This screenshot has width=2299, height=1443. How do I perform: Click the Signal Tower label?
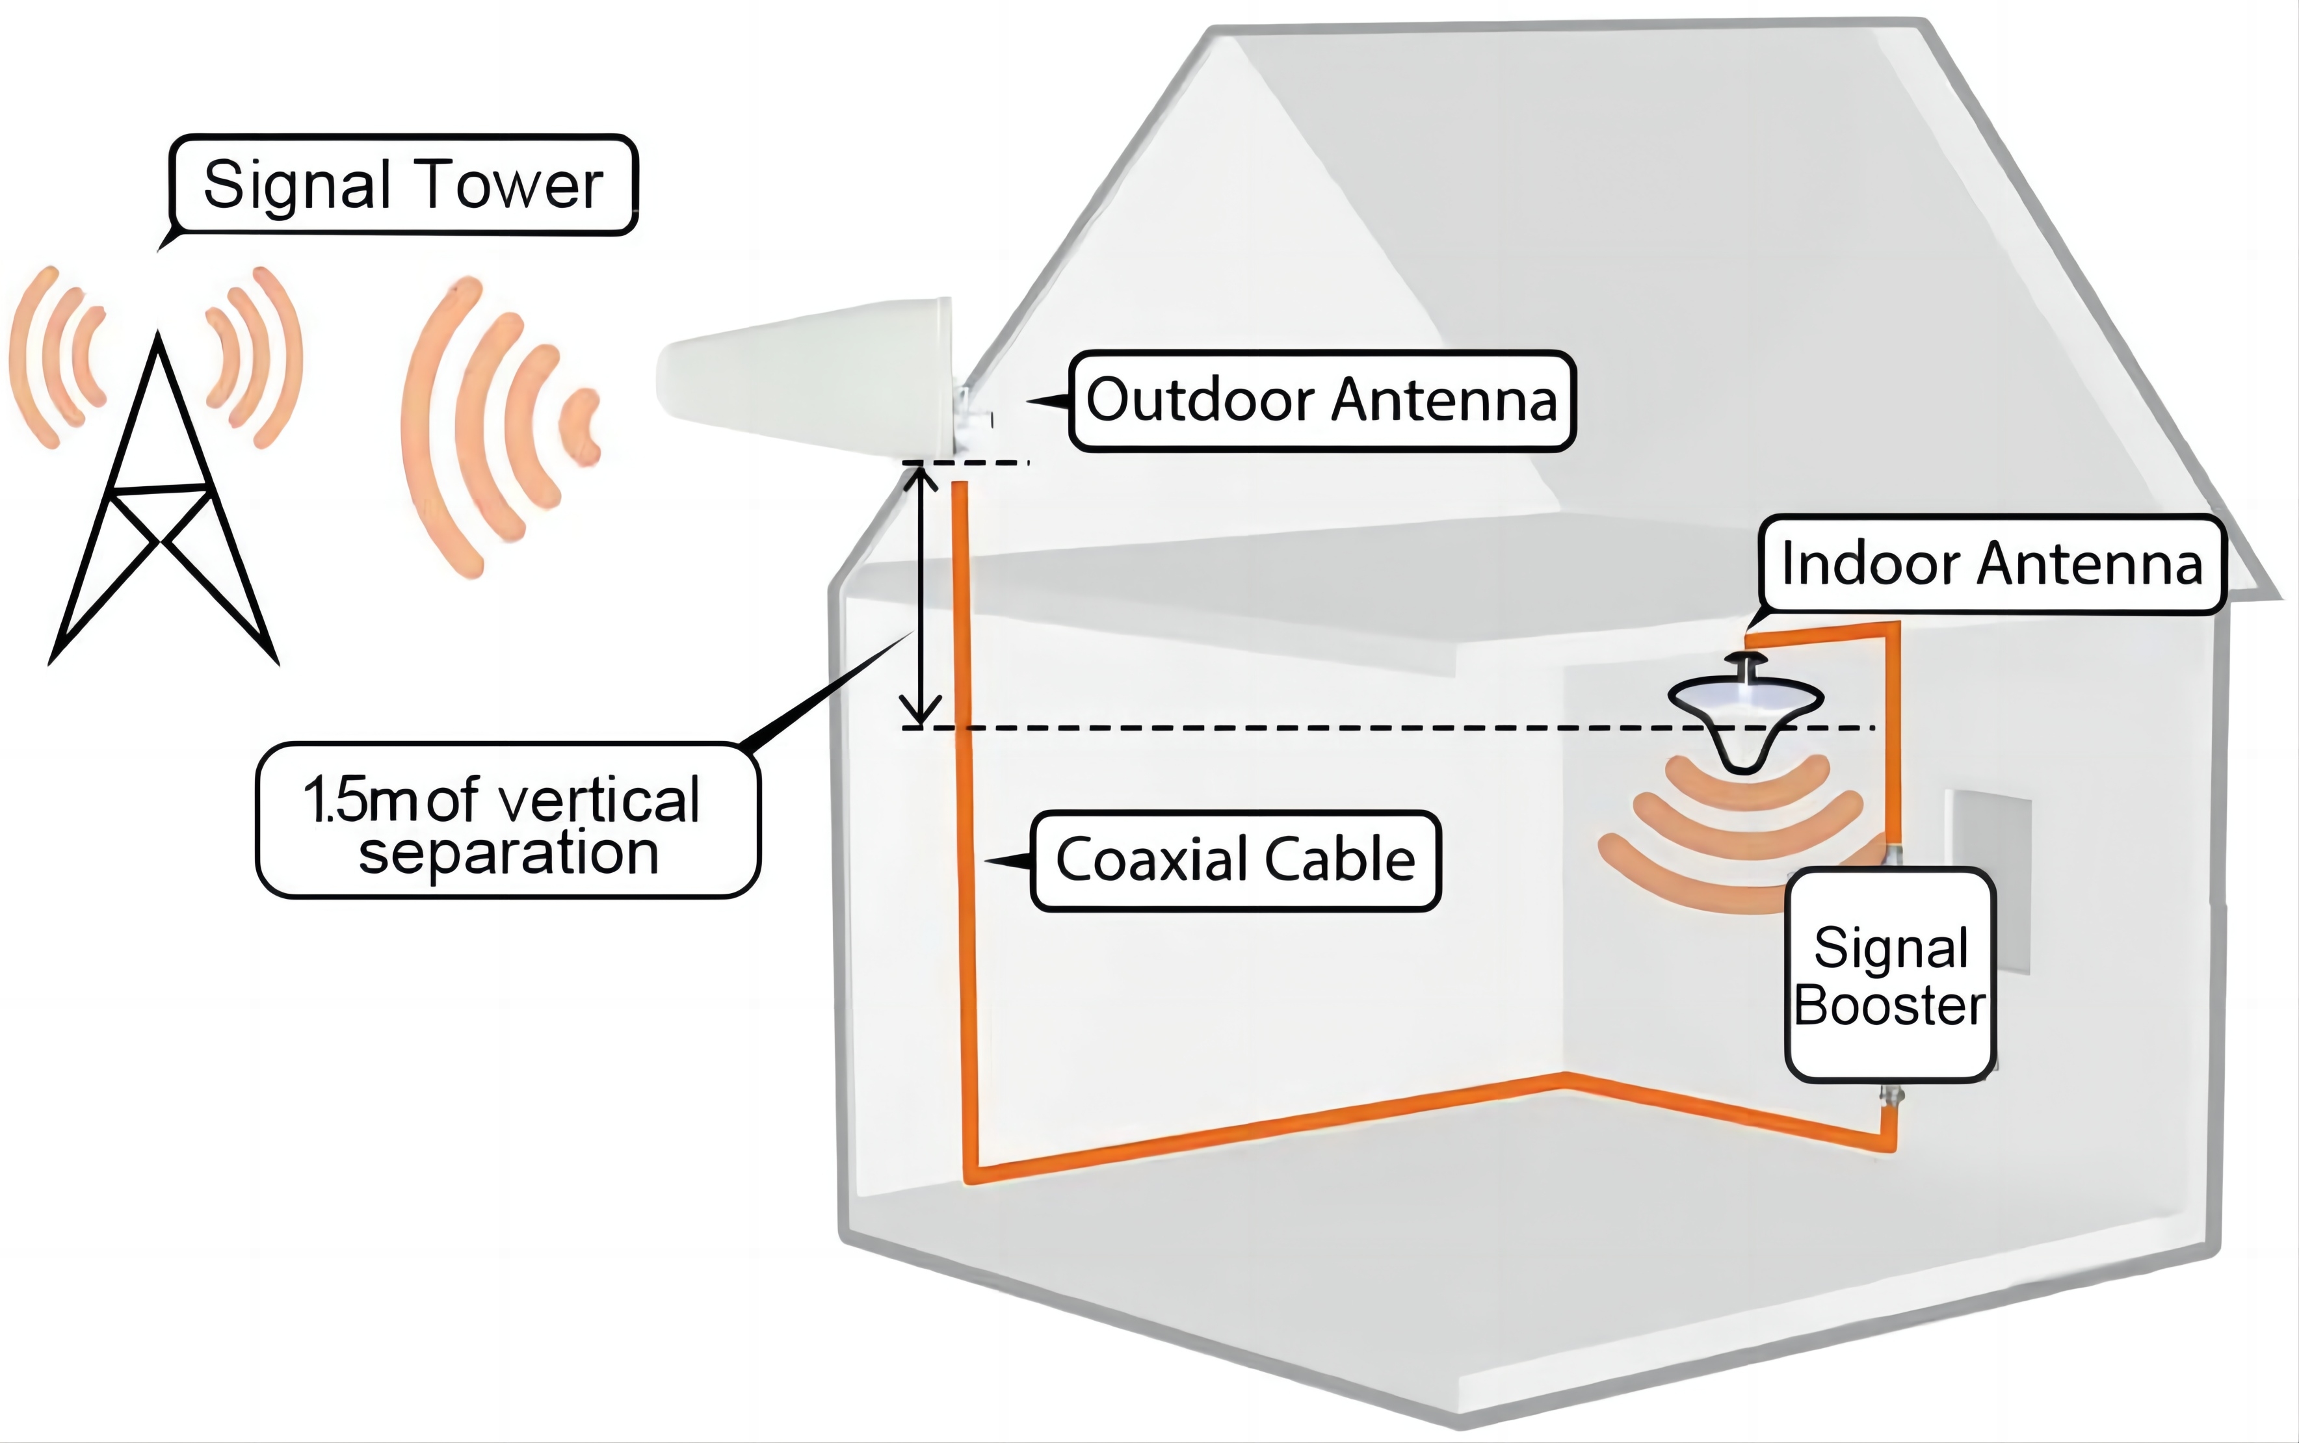402,185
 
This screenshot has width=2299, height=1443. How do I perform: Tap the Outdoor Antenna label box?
1322,400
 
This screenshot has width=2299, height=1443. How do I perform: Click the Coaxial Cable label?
1235,860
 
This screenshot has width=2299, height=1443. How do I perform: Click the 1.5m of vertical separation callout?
508,822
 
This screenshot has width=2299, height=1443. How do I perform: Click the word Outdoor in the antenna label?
1202,400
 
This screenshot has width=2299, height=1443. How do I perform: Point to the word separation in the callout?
508,851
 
